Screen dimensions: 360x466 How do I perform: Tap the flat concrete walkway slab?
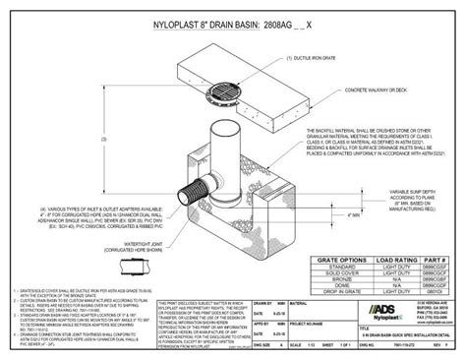[x=246, y=69]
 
